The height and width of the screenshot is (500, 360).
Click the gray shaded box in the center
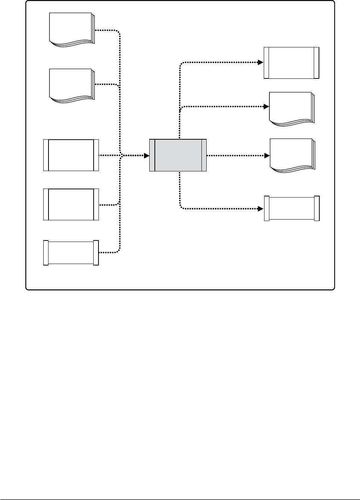(178, 155)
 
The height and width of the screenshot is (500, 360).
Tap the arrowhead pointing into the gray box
(147, 155)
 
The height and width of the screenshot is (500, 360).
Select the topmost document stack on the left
(71, 29)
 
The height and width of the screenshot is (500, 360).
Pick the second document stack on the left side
(71, 85)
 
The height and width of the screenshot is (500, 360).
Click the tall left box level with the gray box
(71, 155)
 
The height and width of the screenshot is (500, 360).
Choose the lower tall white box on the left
(71, 204)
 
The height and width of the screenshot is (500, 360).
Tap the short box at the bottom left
(71, 253)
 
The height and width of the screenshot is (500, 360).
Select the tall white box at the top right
(291, 63)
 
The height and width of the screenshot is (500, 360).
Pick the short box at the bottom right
(292, 208)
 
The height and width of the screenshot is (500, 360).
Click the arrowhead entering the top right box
(261, 62)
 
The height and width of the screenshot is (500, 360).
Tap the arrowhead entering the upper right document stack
(267, 107)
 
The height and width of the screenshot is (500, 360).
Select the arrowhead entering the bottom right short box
(262, 208)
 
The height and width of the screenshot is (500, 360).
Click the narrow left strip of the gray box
(152, 155)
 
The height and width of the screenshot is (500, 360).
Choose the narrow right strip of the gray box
(204, 155)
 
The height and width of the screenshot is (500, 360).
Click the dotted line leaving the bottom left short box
(108, 252)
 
